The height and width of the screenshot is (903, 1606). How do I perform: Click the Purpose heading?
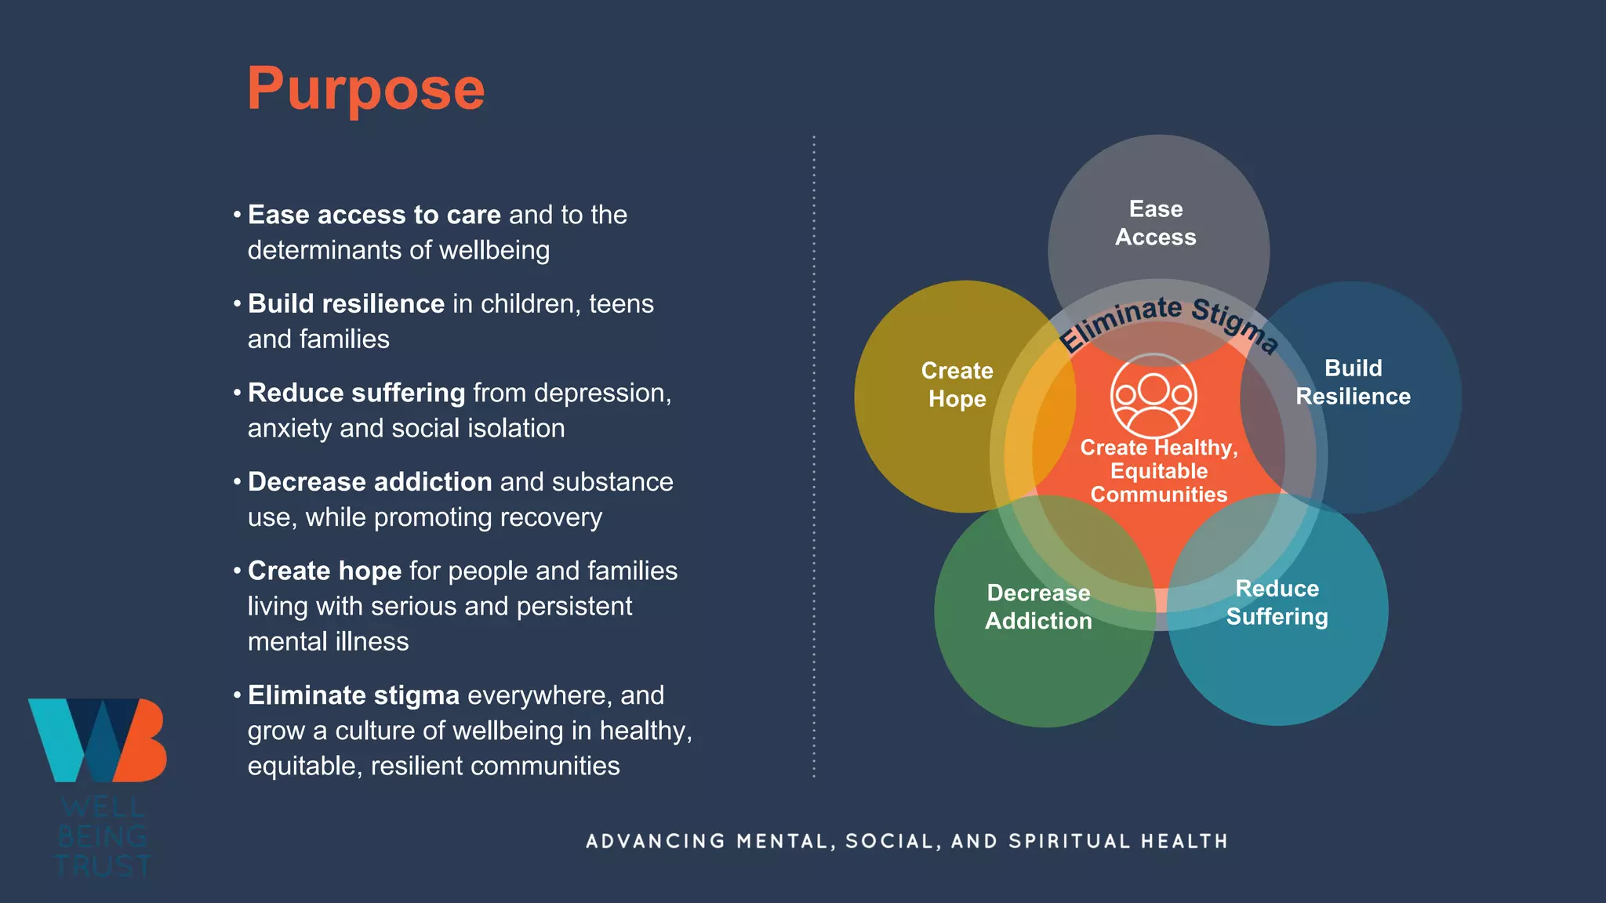click(x=365, y=89)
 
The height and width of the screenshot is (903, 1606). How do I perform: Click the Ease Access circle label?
click(x=1156, y=223)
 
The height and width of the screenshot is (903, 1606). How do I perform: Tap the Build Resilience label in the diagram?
click(x=1353, y=383)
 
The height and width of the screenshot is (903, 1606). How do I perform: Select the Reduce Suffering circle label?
click(x=1277, y=603)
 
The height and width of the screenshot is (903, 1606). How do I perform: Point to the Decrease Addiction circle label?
click(x=1038, y=607)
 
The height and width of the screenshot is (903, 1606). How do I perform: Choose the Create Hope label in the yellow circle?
click(x=957, y=385)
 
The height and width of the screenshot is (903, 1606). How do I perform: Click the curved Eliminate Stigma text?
click(x=1168, y=320)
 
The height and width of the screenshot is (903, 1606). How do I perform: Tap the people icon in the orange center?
click(x=1154, y=396)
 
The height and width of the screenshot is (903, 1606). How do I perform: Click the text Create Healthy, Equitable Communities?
click(x=1159, y=471)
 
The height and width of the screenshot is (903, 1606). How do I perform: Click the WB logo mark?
click(x=98, y=740)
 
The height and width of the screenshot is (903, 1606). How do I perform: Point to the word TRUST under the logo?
click(x=103, y=866)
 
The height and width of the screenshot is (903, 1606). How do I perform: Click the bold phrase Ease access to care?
click(x=374, y=215)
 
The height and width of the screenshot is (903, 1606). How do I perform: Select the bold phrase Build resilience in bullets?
click(x=346, y=304)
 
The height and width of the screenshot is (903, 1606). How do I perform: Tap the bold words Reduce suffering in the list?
click(x=356, y=393)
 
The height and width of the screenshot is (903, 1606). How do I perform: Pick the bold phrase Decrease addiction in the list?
click(x=369, y=482)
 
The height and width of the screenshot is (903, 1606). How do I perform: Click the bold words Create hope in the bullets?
click(x=325, y=571)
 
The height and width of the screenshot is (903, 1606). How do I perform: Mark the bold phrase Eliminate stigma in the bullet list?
click(x=353, y=695)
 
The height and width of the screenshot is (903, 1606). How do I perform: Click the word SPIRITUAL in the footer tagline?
click(x=1070, y=842)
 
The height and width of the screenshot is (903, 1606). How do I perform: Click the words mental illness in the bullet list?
click(x=328, y=642)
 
